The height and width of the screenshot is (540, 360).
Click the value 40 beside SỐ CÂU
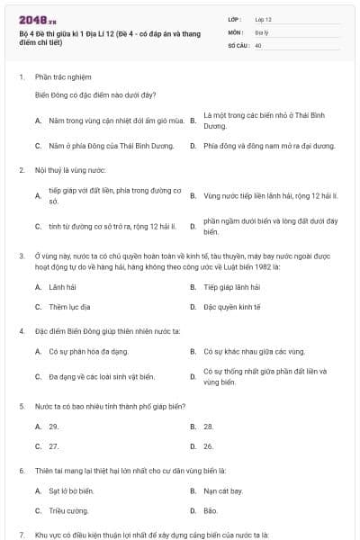point(258,44)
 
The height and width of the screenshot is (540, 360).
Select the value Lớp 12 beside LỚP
point(263,18)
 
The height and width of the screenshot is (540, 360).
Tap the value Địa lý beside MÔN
point(261,31)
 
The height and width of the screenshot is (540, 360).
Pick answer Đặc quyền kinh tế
point(231,306)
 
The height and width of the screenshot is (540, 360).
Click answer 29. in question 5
point(54,426)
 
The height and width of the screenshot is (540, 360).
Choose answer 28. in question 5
point(209,426)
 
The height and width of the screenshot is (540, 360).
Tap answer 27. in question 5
point(54,445)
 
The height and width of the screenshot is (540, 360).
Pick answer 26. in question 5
point(209,445)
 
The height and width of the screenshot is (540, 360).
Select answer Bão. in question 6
point(211,510)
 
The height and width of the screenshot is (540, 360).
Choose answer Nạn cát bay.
point(223,490)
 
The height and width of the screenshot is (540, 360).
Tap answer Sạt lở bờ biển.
point(71,490)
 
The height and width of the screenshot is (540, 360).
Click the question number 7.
point(21,535)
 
